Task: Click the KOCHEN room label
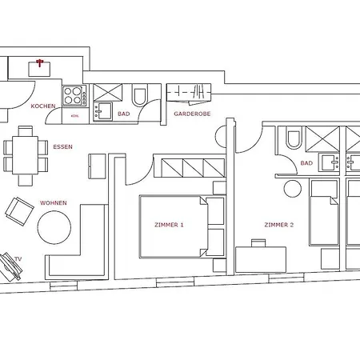point(43,106)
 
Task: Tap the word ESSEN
point(62,146)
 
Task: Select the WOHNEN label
point(54,203)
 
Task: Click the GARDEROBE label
point(192,114)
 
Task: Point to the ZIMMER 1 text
point(169,225)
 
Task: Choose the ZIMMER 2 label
point(279,225)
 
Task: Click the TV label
point(18,259)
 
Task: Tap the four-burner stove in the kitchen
point(74,95)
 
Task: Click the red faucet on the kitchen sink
point(39,62)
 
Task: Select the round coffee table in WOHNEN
point(54,227)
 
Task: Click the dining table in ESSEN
point(25,155)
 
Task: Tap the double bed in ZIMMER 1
point(174,227)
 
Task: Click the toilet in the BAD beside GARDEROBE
point(140,95)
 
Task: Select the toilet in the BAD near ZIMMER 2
point(294,137)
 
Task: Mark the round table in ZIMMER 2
point(292,189)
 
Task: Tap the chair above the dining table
point(26,131)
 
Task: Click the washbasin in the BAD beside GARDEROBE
point(102,111)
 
